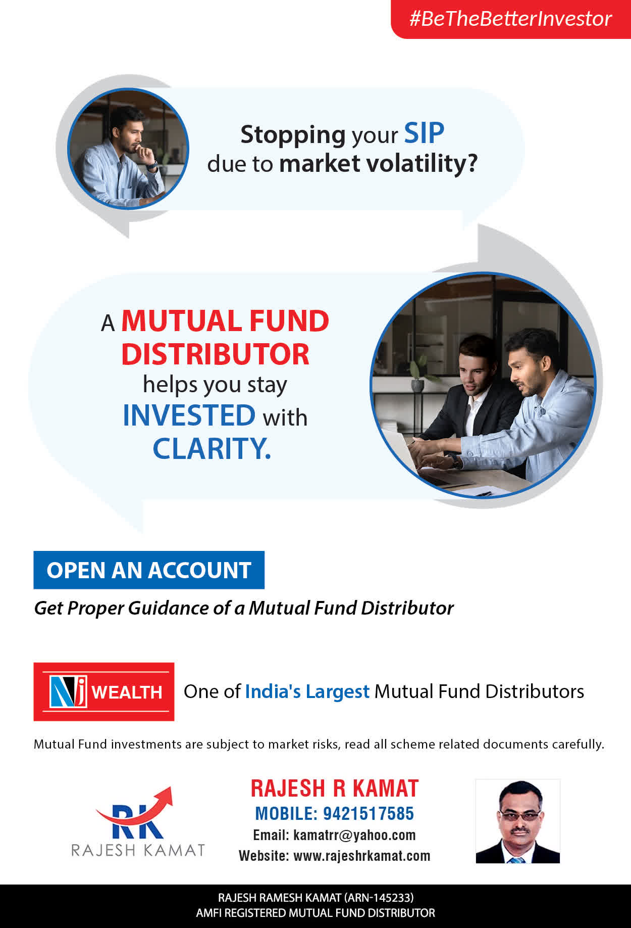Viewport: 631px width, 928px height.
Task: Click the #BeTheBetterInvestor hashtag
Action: coord(510,19)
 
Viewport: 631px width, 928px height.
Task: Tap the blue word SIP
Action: coord(424,133)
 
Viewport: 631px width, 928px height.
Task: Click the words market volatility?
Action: coord(378,163)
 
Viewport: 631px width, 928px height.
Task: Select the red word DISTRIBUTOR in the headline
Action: coord(215,354)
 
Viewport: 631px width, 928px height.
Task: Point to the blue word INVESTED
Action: coord(189,415)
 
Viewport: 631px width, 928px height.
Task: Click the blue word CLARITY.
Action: coord(212,448)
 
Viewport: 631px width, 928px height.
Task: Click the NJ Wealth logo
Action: coord(104,691)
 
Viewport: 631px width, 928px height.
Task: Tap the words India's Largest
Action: coord(307,691)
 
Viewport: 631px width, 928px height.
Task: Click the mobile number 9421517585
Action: coord(369,814)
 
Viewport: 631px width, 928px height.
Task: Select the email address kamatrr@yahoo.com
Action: coord(354,835)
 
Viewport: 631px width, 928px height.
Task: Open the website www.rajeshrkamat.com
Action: coord(362,856)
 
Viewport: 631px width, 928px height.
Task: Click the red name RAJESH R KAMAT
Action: coord(335,788)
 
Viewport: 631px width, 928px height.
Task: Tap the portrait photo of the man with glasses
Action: coord(518,821)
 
